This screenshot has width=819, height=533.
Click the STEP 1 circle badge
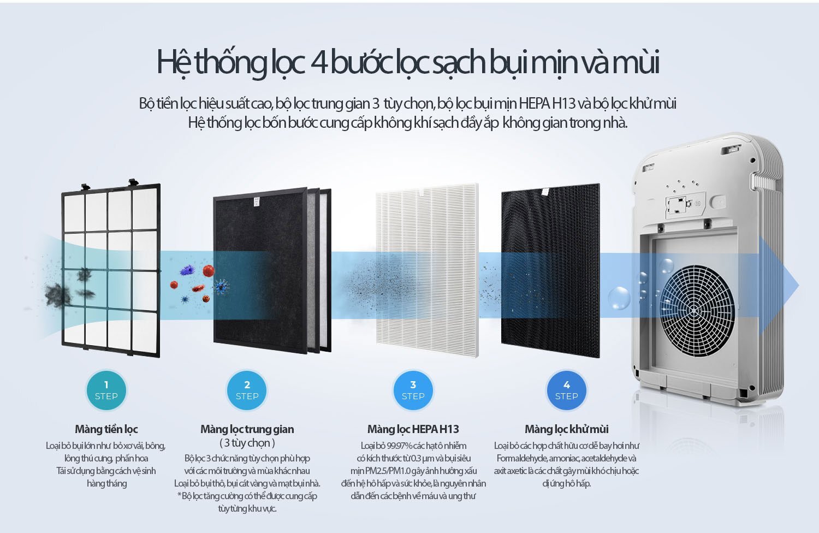point(106,390)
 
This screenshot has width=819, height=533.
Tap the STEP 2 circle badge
point(247,390)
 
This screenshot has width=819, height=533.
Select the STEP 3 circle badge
point(413,390)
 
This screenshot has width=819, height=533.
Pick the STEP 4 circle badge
point(566,390)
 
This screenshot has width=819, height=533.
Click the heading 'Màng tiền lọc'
point(106,429)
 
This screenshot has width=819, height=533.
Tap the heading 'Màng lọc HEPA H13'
point(413,429)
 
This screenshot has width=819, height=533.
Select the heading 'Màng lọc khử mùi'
point(566,429)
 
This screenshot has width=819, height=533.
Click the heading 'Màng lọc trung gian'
point(247,429)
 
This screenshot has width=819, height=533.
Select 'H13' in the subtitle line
point(564,103)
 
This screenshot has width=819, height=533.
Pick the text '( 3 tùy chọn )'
point(247,443)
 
